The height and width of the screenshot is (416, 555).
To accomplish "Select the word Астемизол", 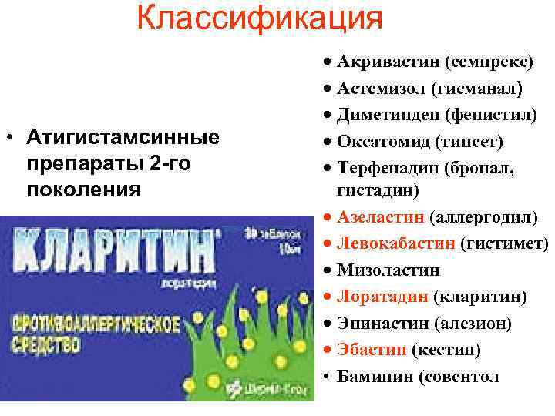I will [375, 89].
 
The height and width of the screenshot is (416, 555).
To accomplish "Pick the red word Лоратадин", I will [375, 297].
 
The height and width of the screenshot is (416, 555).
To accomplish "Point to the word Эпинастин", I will [375, 324].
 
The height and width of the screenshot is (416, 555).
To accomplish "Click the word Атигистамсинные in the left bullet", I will [123, 139].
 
